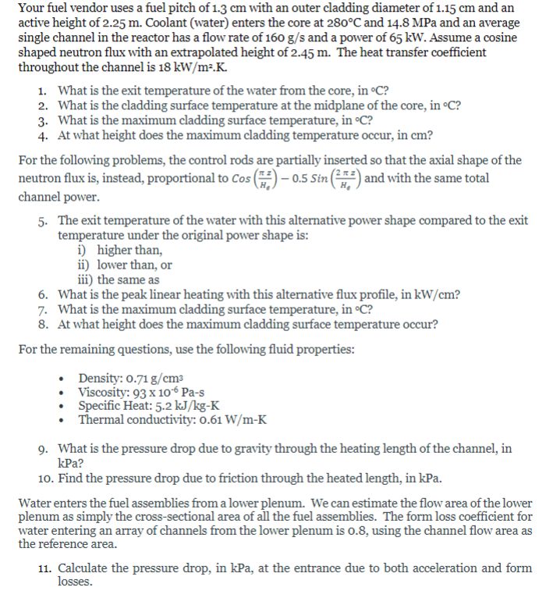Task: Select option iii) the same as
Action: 118,279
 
